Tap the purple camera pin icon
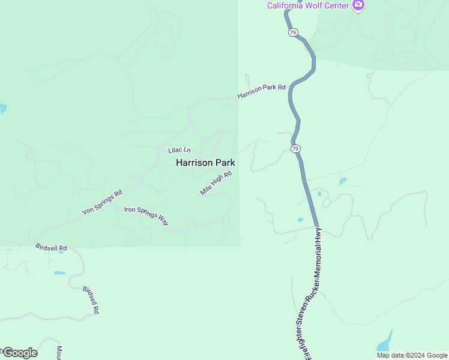pos(358,5)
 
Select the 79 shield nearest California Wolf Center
pos(292,32)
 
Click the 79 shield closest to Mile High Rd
pos(295,148)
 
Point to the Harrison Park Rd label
pos(261,91)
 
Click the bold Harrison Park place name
pos(205,163)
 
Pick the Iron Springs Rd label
pos(102,202)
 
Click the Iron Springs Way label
pos(146,215)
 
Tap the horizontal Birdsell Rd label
pos(51,247)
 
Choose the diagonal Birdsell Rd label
pos(90,299)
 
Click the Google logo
pos(20,353)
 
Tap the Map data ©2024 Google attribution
pos(411,355)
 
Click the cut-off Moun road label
pos(59,353)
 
